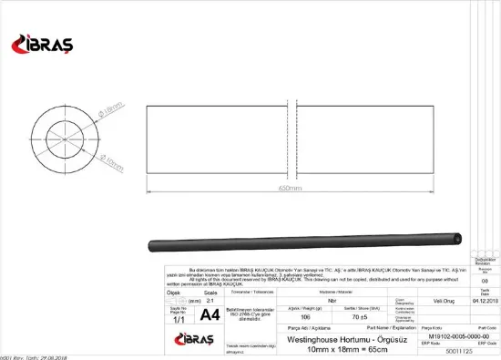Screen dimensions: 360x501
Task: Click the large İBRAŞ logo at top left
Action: pos(40,44)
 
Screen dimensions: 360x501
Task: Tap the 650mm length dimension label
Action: pos(290,188)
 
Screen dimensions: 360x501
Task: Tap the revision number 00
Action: pos(485,282)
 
